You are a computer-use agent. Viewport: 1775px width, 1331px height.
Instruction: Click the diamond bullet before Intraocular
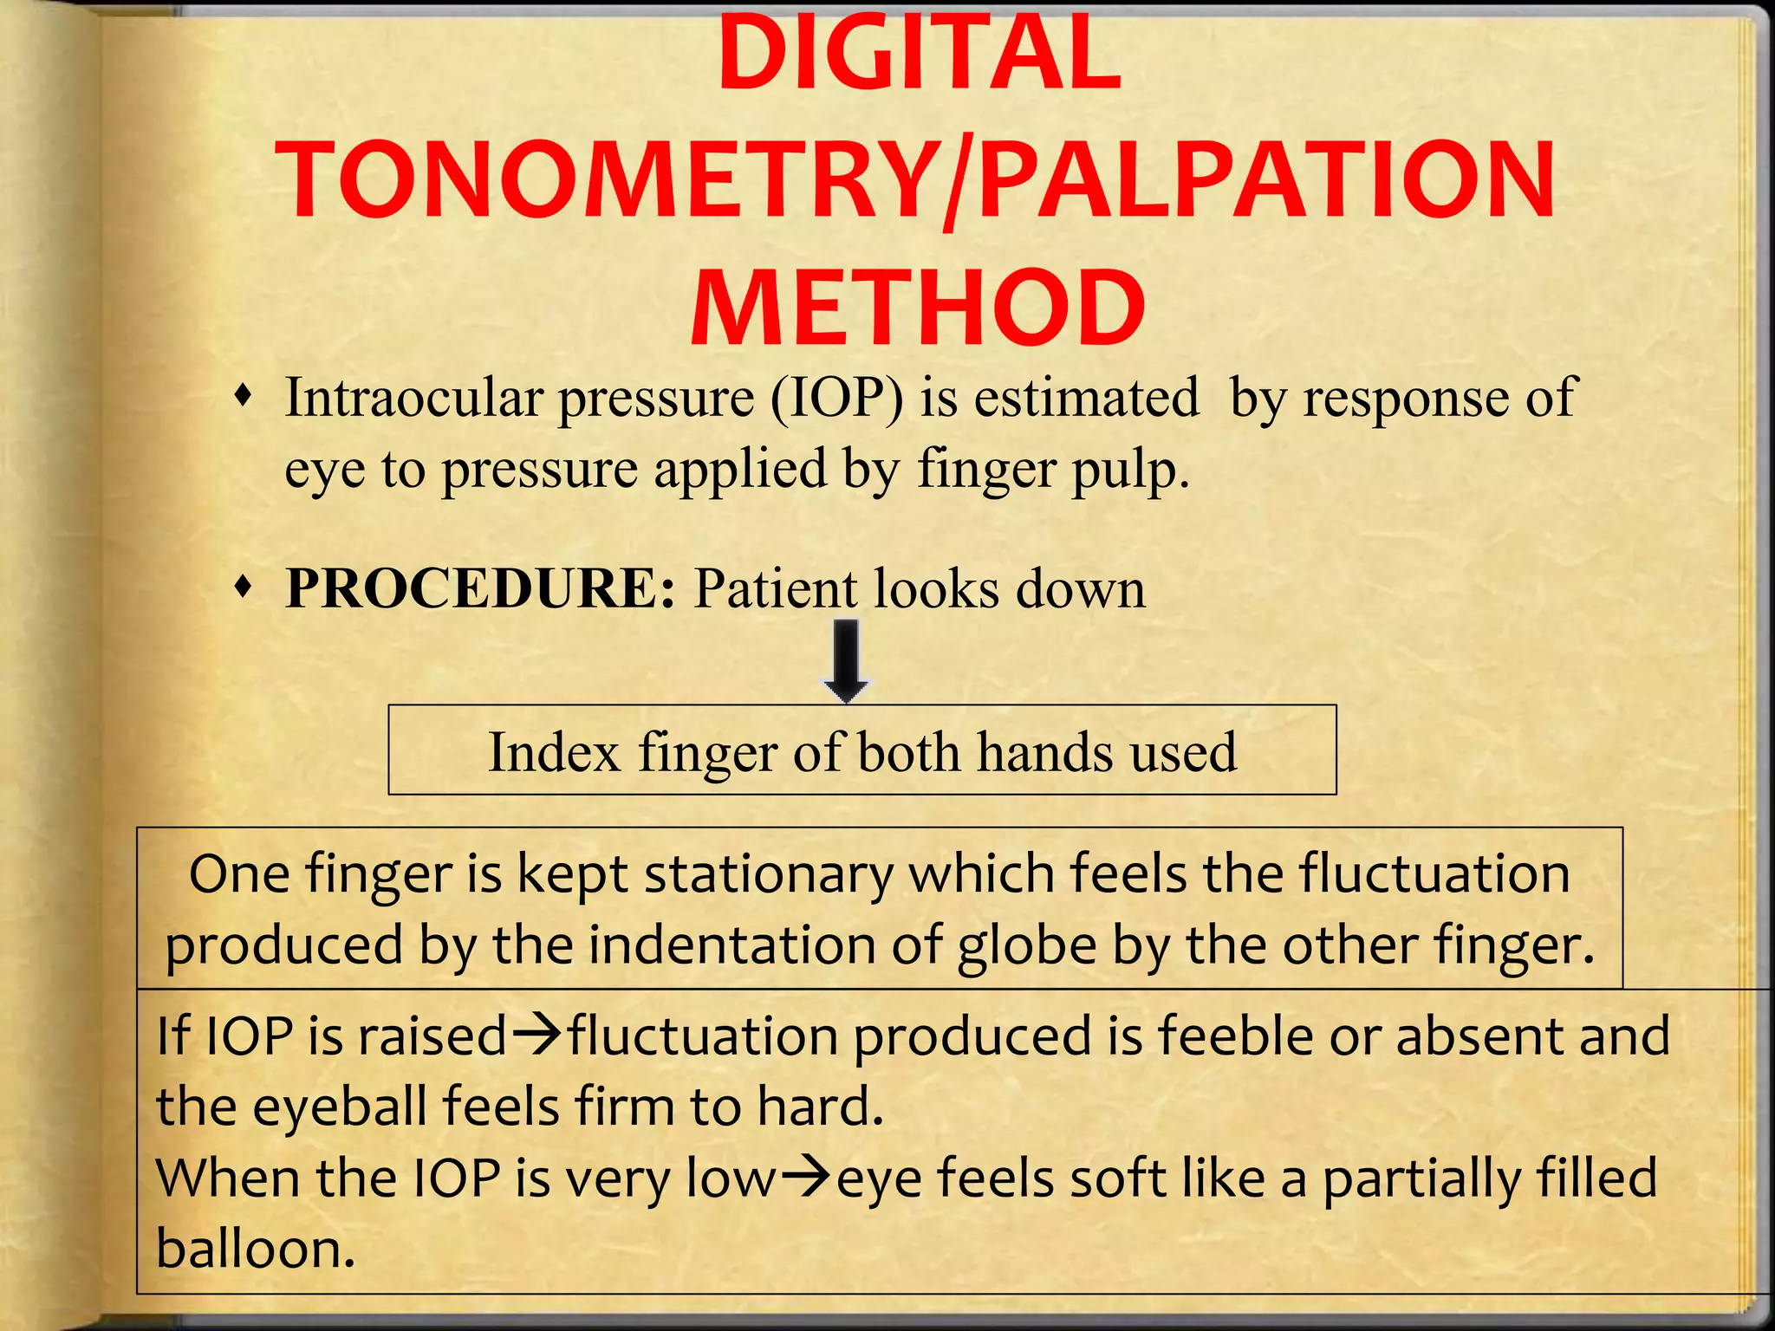coord(245,398)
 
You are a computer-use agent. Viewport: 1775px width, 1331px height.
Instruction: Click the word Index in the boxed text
coord(554,751)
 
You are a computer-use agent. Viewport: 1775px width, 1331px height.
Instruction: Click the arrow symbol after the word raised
coord(536,1036)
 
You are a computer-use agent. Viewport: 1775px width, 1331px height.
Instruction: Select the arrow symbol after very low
coord(806,1178)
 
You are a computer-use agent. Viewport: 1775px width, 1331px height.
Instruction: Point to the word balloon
coord(256,1249)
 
